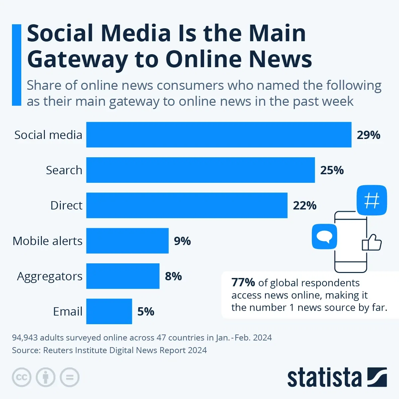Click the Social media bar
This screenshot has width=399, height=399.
[219, 135]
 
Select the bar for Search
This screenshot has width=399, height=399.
[200, 170]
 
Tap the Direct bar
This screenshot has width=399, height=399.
[187, 205]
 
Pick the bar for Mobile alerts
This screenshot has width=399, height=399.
[127, 241]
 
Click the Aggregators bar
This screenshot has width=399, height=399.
[123, 276]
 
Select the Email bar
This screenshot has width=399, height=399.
[109, 311]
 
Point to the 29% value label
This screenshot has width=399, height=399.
[368, 135]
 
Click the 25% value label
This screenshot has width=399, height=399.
[332, 170]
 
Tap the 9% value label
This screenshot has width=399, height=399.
[182, 241]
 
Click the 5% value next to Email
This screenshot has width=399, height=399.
[146, 312]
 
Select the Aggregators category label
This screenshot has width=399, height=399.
[50, 276]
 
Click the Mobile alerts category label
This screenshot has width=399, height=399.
[47, 241]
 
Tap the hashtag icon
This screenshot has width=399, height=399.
[372, 200]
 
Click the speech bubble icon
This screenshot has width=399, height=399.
[324, 236]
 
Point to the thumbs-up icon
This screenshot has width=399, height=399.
[372, 243]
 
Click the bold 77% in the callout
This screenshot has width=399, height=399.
[243, 283]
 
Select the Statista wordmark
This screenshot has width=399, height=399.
[324, 378]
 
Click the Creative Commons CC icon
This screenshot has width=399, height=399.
[22, 377]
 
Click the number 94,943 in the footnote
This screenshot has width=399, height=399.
[25, 338]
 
